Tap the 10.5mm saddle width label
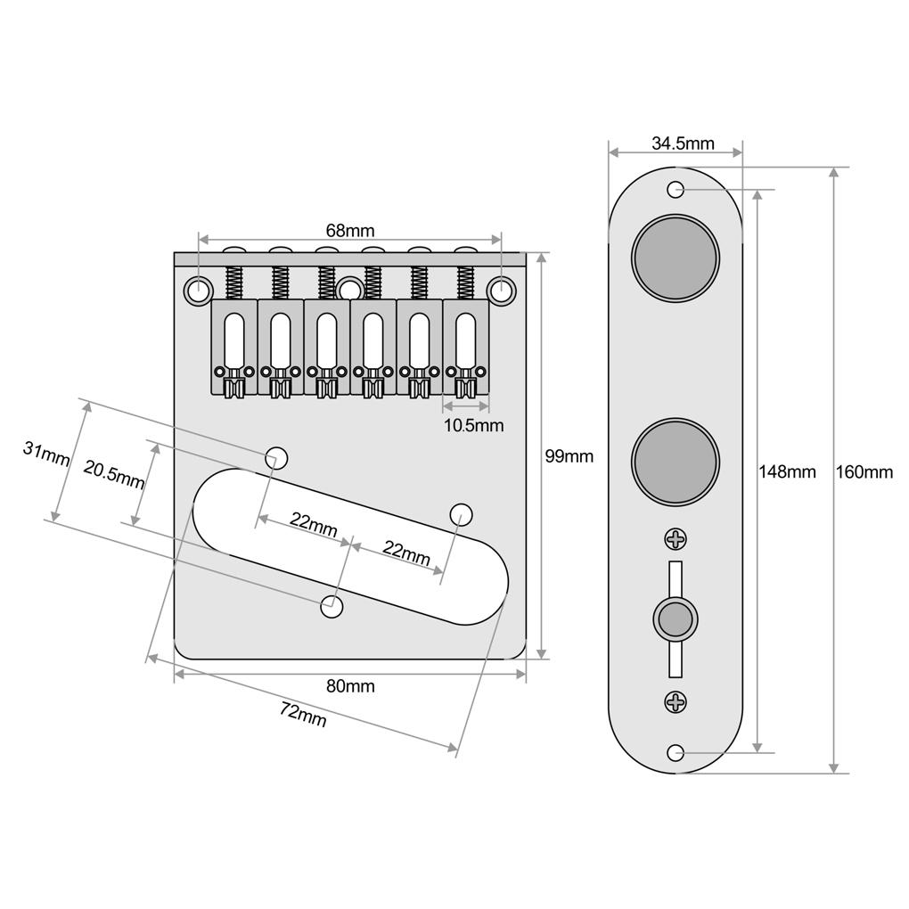click(x=473, y=425)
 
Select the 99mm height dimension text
click(x=569, y=456)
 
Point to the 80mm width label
click(x=349, y=686)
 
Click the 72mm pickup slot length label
click(x=303, y=714)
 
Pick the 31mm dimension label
click(x=46, y=454)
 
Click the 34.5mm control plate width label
click(x=683, y=143)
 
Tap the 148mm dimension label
click(x=787, y=471)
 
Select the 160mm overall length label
click(x=864, y=471)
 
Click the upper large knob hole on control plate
click(x=676, y=258)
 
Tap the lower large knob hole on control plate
click(x=676, y=461)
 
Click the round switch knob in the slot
click(x=676, y=618)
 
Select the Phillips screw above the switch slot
click(x=676, y=538)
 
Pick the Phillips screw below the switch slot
click(x=676, y=702)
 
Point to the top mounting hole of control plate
click(x=676, y=189)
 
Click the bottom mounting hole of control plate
click(x=676, y=753)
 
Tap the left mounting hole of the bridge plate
click(x=198, y=290)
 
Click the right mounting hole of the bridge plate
click(x=503, y=290)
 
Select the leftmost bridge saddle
click(x=234, y=348)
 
